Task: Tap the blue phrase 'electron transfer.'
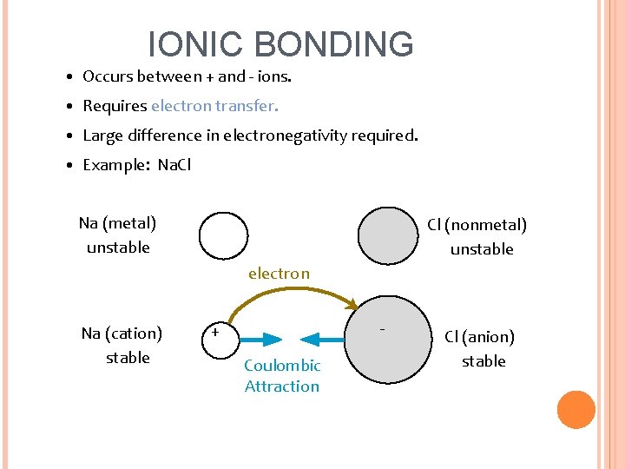point(215,106)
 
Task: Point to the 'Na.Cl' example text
point(174,165)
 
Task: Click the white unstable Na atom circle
point(223,235)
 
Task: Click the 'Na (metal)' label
point(117,223)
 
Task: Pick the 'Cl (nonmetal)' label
point(477,225)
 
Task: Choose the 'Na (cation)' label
point(122,334)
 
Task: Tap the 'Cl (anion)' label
point(479,337)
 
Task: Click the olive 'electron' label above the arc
point(279,274)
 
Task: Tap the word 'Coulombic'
point(282,366)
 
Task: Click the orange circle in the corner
point(576,410)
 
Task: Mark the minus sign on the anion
point(382,329)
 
